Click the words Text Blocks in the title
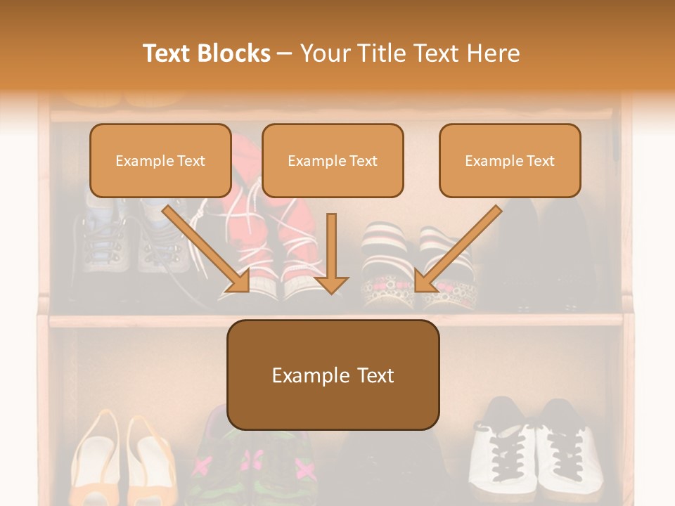pos(206,53)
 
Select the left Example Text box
pos(160,160)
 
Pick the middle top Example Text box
pos(333,160)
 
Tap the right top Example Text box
pos(510,160)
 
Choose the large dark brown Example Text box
pos(333,375)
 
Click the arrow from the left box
pos(204,246)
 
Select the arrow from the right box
pos(461,246)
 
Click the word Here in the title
pos(494,53)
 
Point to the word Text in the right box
pos(540,161)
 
